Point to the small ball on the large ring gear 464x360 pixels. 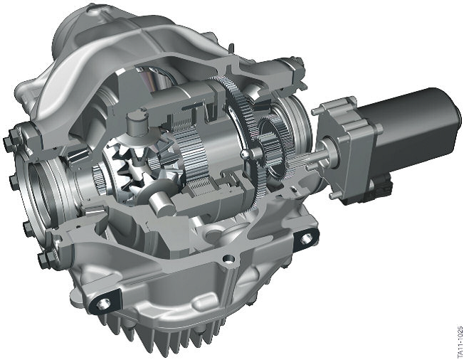pyautogui.click(x=244, y=154)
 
